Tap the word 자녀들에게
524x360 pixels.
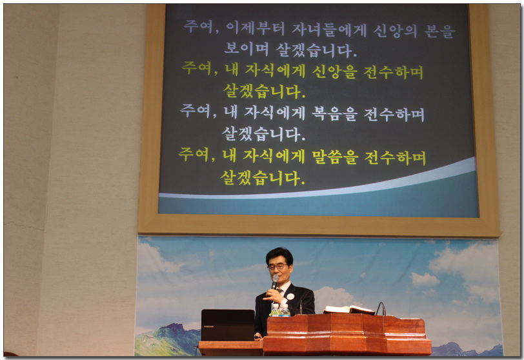329,30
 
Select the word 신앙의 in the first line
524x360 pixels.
395,31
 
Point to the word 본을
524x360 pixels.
439,32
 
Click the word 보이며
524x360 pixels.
247,49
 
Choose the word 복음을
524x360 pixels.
334,114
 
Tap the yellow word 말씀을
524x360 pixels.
335,157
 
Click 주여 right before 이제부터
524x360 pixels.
201,26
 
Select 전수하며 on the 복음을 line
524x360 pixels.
394,115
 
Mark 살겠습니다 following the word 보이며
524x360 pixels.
316,50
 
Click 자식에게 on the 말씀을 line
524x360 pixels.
274,156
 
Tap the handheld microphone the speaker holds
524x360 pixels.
275,282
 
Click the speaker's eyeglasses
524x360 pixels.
277,267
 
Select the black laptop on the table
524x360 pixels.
228,325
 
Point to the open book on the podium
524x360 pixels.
349,310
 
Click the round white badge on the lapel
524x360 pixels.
290,297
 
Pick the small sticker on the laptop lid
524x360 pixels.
209,326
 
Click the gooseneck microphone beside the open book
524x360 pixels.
381,308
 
